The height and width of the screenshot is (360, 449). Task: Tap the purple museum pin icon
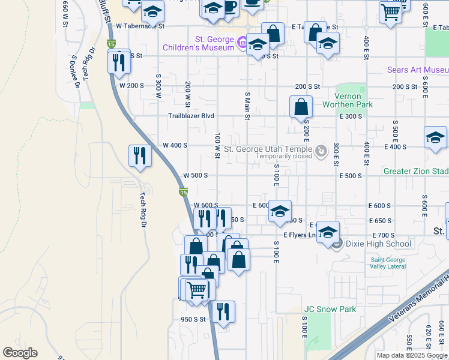(242, 42)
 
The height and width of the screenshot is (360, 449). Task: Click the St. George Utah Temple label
(268, 149)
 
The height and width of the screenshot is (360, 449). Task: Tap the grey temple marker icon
(321, 150)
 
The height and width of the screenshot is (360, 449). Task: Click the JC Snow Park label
(330, 310)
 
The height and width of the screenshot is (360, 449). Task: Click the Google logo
(20, 353)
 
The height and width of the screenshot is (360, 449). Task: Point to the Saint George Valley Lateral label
(388, 263)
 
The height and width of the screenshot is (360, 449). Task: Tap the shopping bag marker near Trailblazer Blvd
(301, 107)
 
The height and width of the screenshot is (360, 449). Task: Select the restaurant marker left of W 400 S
(140, 156)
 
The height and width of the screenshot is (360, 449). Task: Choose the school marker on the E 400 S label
(435, 137)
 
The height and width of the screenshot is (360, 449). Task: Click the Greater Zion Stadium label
(416, 171)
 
